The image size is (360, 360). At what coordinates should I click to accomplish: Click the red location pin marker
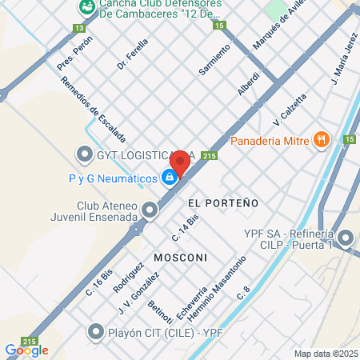(180, 162)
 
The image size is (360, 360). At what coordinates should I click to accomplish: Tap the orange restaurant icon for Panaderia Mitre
(322, 140)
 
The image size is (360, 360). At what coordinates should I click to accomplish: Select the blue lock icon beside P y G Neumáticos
(170, 178)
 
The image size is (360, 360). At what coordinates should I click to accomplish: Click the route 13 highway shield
(78, 27)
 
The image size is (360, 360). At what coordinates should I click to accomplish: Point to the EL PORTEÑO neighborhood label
(223, 203)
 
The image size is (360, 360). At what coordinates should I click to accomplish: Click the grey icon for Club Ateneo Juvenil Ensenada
(150, 210)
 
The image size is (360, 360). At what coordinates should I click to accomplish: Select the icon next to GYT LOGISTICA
(84, 153)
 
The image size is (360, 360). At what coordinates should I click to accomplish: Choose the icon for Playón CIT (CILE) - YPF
(97, 330)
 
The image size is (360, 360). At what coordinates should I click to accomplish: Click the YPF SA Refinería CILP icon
(346, 238)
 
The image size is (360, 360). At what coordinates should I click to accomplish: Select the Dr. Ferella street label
(133, 54)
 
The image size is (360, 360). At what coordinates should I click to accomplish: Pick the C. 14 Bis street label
(185, 228)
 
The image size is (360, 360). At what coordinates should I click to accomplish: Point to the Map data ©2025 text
(324, 354)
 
